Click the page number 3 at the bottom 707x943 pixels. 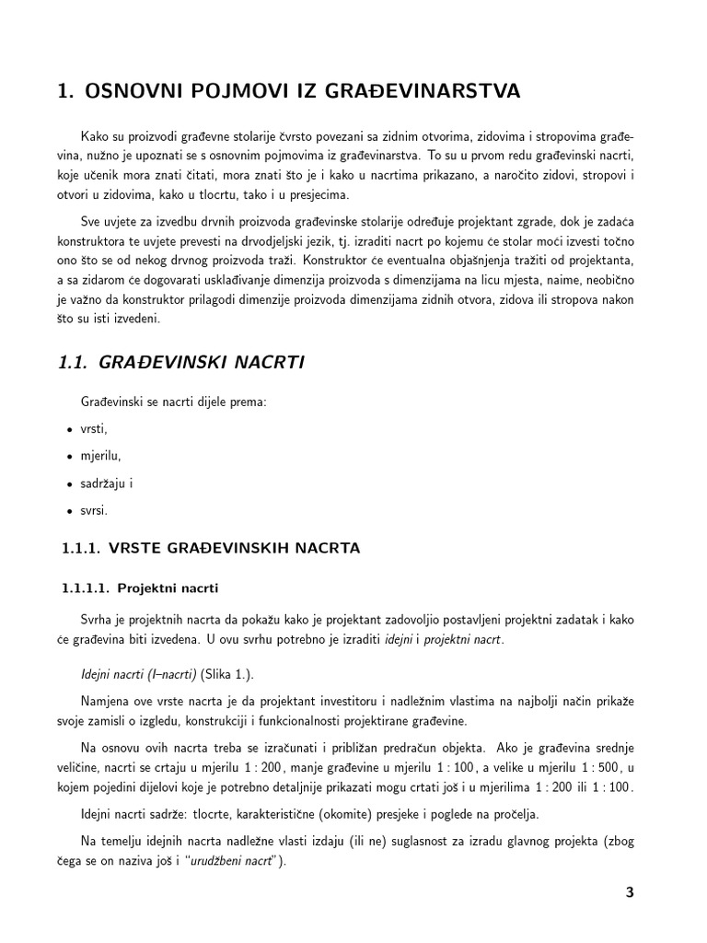(x=629, y=891)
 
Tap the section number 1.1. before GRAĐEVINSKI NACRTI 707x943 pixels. (x=74, y=363)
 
